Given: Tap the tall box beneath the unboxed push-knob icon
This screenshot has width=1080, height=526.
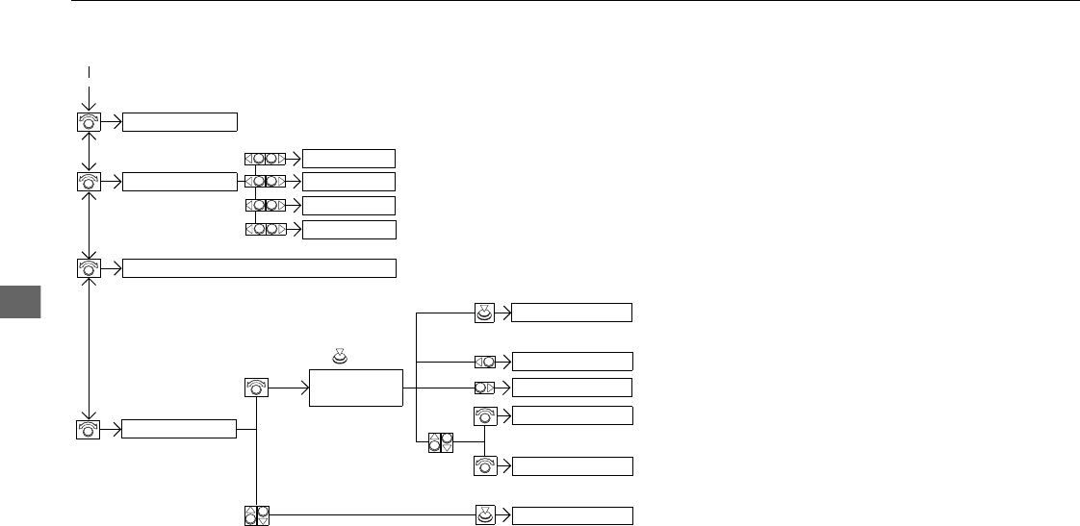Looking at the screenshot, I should (355, 388).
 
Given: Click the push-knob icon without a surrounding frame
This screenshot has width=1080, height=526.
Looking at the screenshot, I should (339, 358).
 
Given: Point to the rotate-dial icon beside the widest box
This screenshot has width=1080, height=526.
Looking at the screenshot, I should (89, 268).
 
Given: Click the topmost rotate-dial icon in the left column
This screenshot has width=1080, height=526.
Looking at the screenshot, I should (89, 121).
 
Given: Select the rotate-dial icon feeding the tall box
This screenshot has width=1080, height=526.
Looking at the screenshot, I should (257, 388).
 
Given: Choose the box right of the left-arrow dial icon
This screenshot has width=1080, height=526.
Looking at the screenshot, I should (572, 362).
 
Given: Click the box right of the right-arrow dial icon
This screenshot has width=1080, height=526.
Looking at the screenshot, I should (572, 388).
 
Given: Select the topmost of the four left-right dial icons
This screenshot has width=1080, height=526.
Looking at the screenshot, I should (265, 159).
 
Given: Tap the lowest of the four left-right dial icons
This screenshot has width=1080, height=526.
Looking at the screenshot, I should (265, 230).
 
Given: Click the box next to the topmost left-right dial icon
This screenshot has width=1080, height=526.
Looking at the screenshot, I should (348, 159).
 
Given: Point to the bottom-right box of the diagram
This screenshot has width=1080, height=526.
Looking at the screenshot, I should (572, 515).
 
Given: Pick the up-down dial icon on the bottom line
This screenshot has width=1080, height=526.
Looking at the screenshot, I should (256, 515).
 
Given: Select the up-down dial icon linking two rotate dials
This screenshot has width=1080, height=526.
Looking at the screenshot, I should (440, 443).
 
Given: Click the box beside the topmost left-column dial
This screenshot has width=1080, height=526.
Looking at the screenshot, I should (180, 121).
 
